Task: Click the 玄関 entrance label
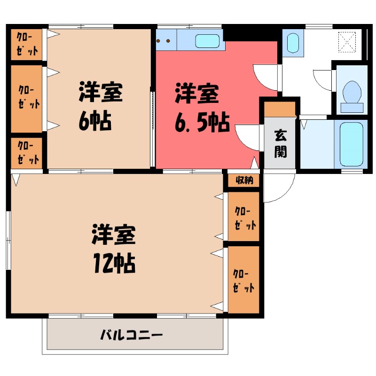[x=280, y=143]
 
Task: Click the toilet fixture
[x=352, y=92]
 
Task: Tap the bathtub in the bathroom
[x=352, y=144]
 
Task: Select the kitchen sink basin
[x=207, y=41]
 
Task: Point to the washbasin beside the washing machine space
[x=292, y=43]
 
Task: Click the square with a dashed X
[x=348, y=42]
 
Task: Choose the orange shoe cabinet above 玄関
[x=280, y=109]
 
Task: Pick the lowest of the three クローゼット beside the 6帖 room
[x=27, y=153]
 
